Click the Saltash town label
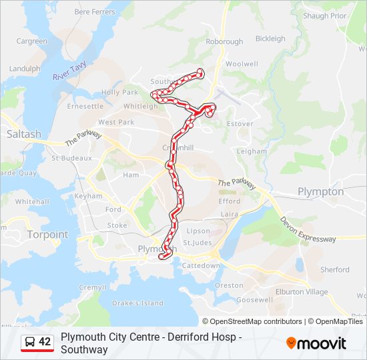pyautogui.click(x=24, y=134)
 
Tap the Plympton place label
pyautogui.click(x=320, y=192)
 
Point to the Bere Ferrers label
pyautogui.click(x=94, y=12)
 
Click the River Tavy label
pyautogui.click(x=70, y=72)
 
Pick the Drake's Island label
pyautogui.click(x=138, y=303)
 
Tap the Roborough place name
pyautogui.click(x=224, y=41)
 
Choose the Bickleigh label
pyautogui.click(x=270, y=39)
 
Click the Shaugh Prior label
pyautogui.click(x=324, y=16)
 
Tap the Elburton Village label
pyautogui.click(x=302, y=292)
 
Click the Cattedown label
pyautogui.click(x=201, y=265)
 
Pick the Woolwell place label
pyautogui.click(x=242, y=64)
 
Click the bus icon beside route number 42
pyautogui.click(x=30, y=342)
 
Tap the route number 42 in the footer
pyautogui.click(x=45, y=342)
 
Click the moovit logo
pyautogui.click(x=316, y=343)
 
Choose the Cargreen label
pyautogui.click(x=32, y=41)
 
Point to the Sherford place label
pyautogui.click(x=334, y=270)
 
